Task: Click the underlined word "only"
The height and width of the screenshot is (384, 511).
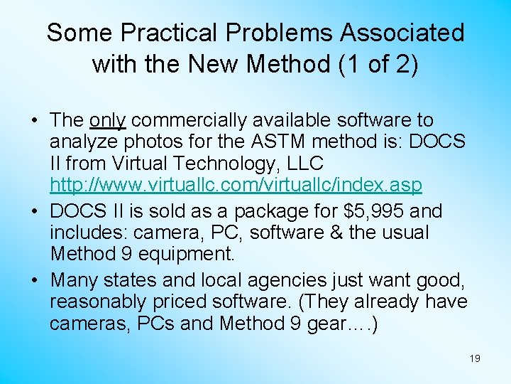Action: pos(108,121)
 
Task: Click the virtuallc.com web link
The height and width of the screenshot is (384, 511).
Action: pos(236,185)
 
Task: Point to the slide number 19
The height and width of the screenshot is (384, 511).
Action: pos(475,358)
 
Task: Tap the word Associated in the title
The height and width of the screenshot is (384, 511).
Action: pos(402,33)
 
